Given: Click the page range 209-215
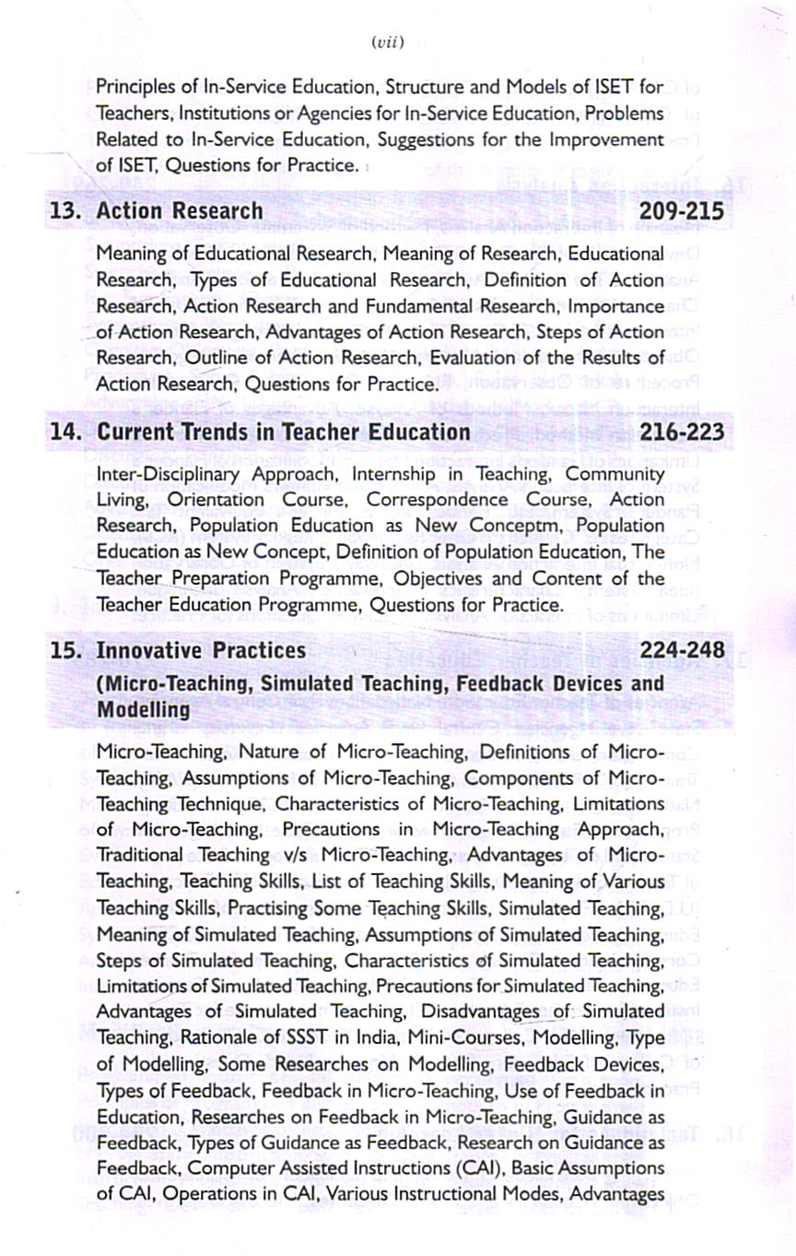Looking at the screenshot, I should click(682, 212).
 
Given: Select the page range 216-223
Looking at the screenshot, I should click(682, 432).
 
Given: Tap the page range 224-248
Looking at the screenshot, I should click(682, 651).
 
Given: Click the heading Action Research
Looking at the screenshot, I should click(180, 212).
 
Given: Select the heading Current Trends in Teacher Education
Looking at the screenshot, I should click(284, 432).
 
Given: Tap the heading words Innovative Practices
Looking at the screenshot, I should click(201, 651).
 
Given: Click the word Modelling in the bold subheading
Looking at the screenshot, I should click(144, 710).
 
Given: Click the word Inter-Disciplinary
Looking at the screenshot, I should click(169, 473).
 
